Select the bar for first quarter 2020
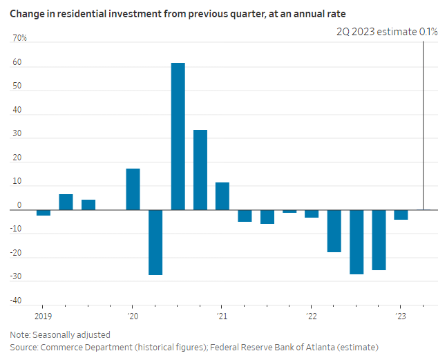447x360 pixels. (133, 189)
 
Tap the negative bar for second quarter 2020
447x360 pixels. (155, 242)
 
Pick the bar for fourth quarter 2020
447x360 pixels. (200, 169)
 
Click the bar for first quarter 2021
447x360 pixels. (222, 196)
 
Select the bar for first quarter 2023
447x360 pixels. (401, 214)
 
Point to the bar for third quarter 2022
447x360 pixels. (356, 242)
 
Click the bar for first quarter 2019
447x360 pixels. (44, 212)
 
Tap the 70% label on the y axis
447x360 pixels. (19, 38)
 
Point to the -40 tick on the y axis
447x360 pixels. (15, 301)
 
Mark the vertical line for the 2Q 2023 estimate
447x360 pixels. (423, 124)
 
